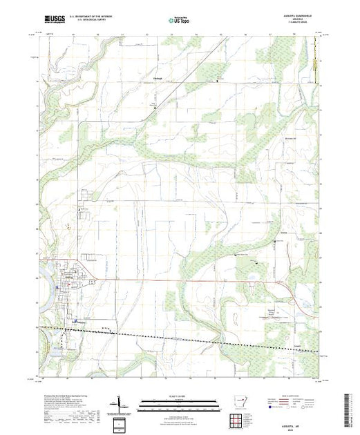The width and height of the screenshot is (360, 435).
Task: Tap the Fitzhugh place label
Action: tap(157, 78)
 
